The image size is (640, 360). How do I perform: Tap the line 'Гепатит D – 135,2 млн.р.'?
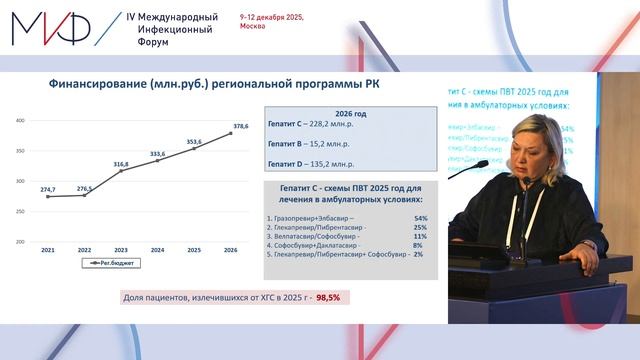[x=312, y=162]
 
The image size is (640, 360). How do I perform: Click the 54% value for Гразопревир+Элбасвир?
[x=420, y=216]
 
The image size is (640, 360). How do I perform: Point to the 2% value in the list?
[x=417, y=253]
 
